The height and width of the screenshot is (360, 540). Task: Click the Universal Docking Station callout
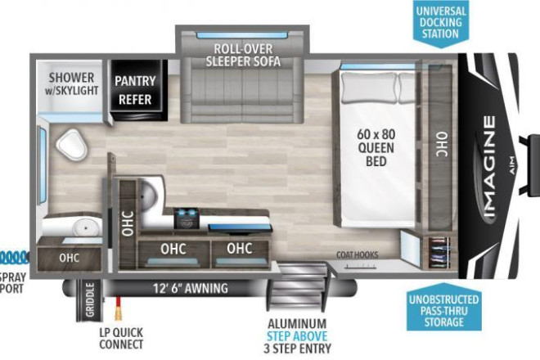(440, 22)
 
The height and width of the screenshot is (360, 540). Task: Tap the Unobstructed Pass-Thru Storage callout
(443, 308)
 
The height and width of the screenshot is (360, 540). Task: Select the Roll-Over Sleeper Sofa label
(243, 55)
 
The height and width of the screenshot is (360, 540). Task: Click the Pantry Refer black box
(137, 89)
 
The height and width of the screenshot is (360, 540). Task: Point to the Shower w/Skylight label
(71, 83)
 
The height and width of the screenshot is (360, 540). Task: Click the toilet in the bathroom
(72, 145)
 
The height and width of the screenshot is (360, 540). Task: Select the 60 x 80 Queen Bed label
(376, 148)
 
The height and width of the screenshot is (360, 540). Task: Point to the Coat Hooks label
(357, 255)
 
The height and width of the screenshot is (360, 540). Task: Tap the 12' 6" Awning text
(191, 288)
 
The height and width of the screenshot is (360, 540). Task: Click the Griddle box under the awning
(89, 299)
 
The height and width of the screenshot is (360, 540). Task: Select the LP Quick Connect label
(121, 338)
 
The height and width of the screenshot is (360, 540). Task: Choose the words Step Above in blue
(297, 336)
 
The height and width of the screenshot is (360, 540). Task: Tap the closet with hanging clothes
(439, 253)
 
